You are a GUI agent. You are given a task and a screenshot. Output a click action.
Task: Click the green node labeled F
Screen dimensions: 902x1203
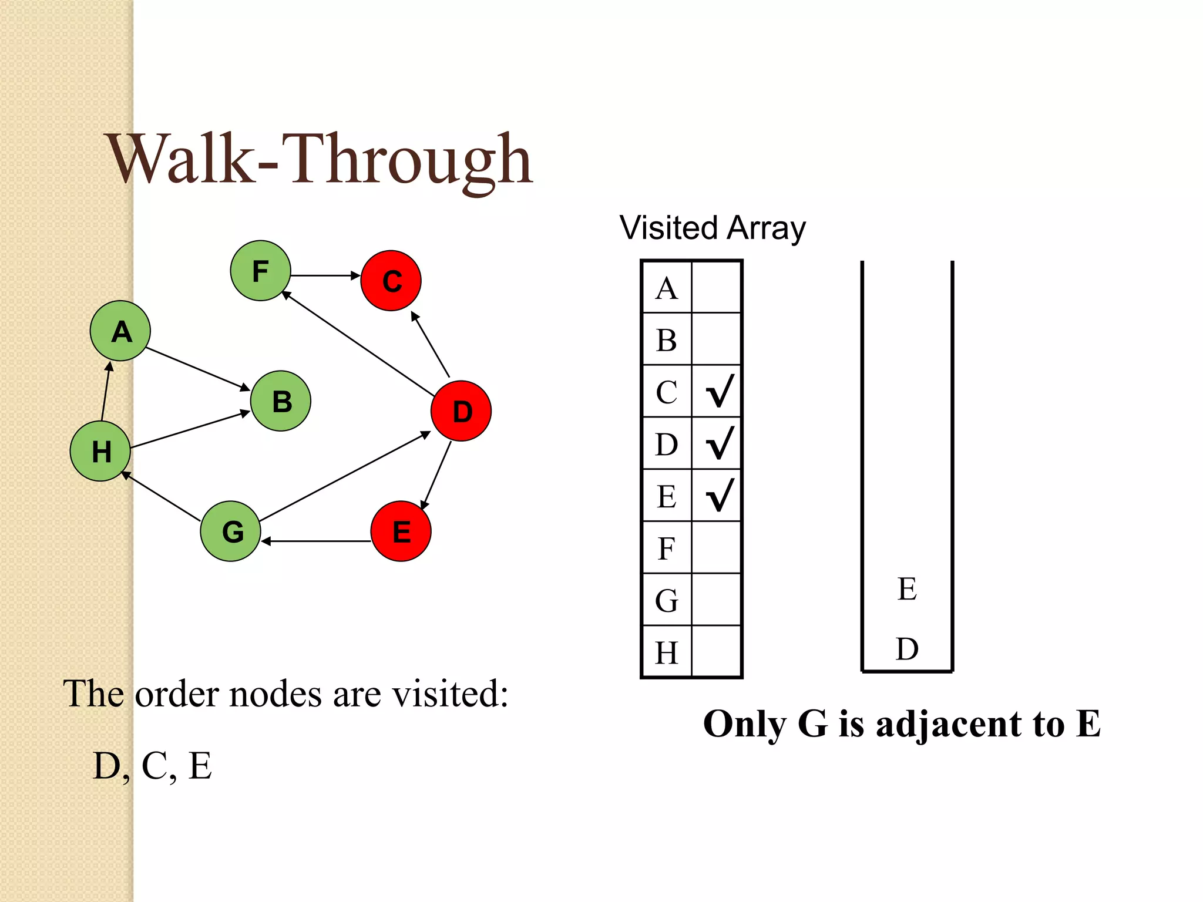click(260, 271)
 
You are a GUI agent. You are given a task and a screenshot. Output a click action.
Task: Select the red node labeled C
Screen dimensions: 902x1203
click(391, 281)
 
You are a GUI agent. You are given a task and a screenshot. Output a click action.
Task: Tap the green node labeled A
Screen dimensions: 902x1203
click(120, 331)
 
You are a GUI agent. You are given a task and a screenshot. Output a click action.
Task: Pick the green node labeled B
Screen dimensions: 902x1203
click(281, 401)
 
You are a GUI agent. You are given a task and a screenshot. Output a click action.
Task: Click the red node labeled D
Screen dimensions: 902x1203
click(461, 411)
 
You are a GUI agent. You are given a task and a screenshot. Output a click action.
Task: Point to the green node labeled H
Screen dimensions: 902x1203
click(100, 451)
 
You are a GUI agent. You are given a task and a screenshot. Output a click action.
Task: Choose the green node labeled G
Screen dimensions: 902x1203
click(231, 531)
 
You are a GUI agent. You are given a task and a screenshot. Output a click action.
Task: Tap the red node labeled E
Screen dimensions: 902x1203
click(401, 531)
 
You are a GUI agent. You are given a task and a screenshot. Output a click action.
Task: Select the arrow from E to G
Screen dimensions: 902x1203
click(316, 541)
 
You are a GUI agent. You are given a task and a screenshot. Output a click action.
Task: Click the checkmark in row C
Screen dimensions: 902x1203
click(718, 391)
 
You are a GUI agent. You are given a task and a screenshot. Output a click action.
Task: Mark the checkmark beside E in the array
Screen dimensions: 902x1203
click(718, 495)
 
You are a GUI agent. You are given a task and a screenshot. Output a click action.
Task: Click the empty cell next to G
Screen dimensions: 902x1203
click(717, 600)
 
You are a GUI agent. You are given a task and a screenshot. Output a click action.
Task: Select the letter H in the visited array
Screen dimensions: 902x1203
click(667, 652)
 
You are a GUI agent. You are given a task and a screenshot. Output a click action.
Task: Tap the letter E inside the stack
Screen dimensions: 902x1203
click(907, 589)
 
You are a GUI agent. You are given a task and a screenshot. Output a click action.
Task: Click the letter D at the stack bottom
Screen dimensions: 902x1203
click(907, 649)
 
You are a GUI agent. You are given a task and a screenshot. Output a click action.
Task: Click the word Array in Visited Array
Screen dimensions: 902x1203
click(766, 228)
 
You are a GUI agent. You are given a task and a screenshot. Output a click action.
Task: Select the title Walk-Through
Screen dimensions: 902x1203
click(320, 160)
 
